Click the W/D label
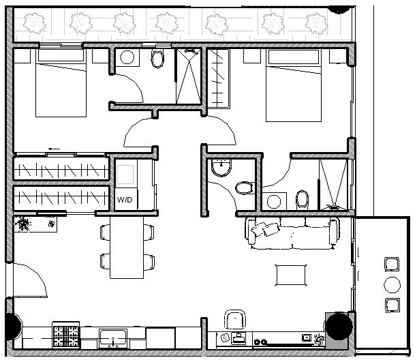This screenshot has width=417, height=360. point(125,200)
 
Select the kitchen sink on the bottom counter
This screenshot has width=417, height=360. point(113,338)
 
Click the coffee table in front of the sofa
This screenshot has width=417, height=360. point(291,275)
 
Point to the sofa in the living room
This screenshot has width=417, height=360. point(292,233)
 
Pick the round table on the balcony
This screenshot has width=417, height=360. point(392,285)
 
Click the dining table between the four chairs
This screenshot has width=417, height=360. point(127,247)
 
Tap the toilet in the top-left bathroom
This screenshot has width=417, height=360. point(157,58)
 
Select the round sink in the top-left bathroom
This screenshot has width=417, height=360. point(127,57)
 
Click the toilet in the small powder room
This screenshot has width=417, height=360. point(245,187)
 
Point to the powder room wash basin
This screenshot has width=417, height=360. point(221,168)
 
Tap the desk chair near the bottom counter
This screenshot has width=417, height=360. point(235,320)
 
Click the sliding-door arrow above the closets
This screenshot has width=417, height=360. point(55,149)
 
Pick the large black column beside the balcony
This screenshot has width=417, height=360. point(338,326)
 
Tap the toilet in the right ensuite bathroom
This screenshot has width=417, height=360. point(303,200)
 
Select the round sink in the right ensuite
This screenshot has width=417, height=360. point(274,202)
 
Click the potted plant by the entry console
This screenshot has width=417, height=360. point(24,224)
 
